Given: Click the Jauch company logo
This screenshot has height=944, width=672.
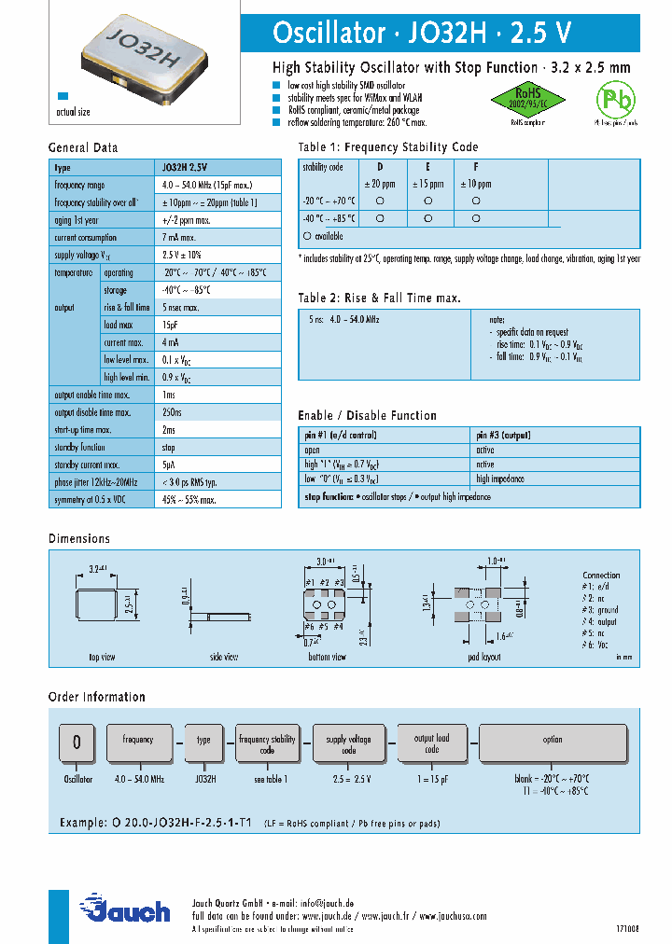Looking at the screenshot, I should [125, 909].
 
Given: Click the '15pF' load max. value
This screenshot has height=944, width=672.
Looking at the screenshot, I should [172, 325].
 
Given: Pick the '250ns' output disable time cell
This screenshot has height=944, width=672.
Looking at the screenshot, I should [174, 412].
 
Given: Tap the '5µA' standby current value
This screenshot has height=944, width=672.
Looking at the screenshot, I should [168, 465].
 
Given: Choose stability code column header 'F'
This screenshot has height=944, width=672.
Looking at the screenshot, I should [476, 167].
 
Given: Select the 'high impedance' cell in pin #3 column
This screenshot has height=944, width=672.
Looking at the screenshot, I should [500, 479].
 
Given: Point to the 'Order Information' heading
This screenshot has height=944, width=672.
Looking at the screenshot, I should [97, 697].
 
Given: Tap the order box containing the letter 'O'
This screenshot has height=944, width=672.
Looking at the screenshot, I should [77, 743].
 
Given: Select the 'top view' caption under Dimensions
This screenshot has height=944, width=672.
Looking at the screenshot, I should [102, 658].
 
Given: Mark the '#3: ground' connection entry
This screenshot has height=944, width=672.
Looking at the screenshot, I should [600, 610].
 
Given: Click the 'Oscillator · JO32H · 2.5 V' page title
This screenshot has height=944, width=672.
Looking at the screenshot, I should [421, 34].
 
